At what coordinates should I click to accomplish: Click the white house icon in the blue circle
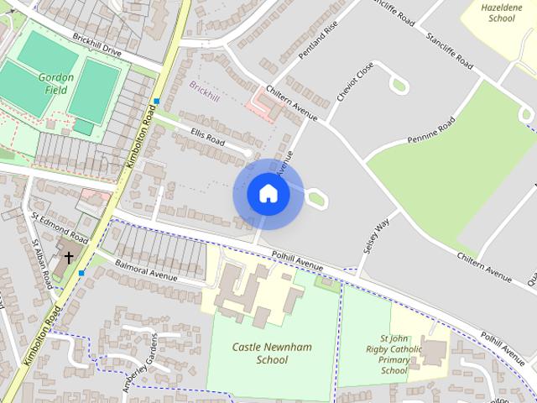268,194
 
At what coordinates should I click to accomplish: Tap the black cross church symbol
69,257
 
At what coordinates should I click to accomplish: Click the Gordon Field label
56,83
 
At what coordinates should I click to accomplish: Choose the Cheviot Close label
354,81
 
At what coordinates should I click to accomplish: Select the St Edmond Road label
60,227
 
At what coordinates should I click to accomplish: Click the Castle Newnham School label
259,353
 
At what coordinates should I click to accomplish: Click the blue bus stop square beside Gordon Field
156,102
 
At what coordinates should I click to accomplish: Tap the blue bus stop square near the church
81,273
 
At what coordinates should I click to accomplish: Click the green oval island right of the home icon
317,199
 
